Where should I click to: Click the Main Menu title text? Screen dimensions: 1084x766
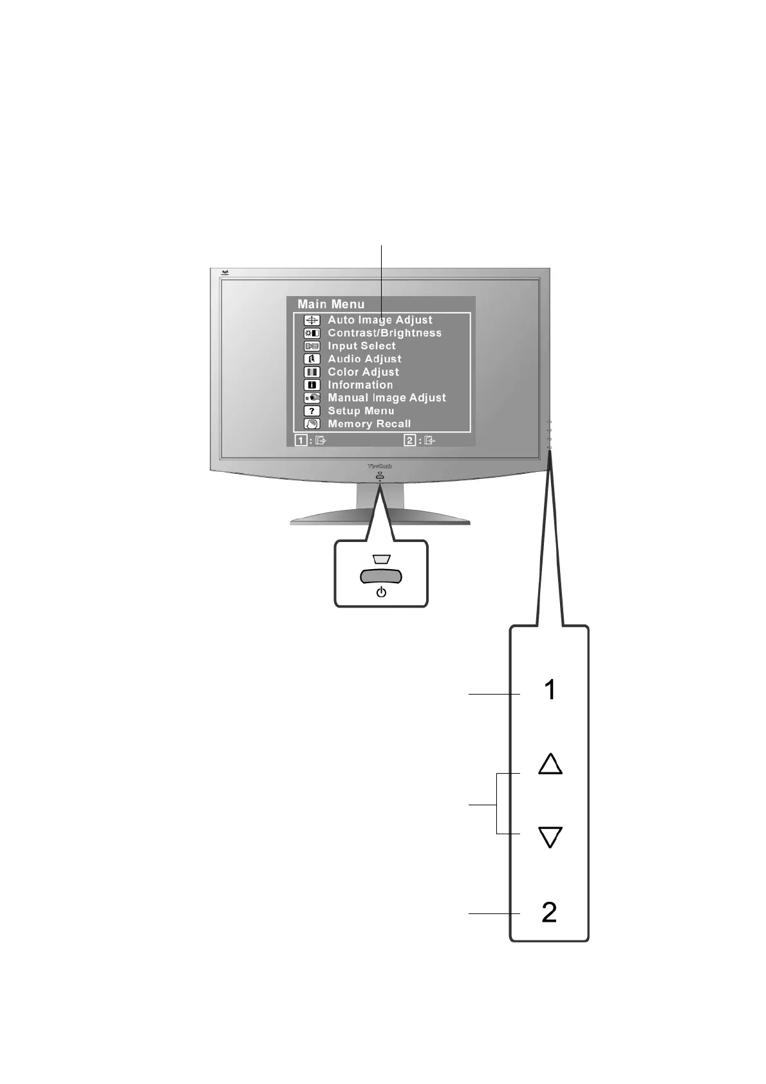(x=331, y=304)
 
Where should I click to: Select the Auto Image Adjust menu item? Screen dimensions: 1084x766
(x=380, y=320)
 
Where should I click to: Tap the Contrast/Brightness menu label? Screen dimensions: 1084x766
(x=384, y=333)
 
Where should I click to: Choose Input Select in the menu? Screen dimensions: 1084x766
(x=361, y=346)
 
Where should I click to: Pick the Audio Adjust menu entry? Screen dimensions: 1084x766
(x=364, y=359)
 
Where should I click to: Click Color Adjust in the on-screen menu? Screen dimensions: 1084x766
(x=363, y=372)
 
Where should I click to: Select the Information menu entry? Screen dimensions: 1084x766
(x=360, y=385)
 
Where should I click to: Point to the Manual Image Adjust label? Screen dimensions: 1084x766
(x=386, y=398)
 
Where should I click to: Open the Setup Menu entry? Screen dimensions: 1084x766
(x=360, y=411)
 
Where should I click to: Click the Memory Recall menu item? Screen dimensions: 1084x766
(x=369, y=424)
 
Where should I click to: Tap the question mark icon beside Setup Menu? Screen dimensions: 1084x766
(x=312, y=411)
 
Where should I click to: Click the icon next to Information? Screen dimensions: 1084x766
(x=312, y=385)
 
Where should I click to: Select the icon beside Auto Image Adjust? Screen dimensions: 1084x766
(x=312, y=320)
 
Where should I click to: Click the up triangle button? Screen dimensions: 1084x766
(x=550, y=764)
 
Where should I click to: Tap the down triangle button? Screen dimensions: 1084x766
(x=550, y=837)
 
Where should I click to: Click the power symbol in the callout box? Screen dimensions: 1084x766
(x=381, y=592)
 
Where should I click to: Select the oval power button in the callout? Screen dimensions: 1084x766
(x=380, y=575)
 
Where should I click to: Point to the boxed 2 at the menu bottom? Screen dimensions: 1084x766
(x=410, y=440)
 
